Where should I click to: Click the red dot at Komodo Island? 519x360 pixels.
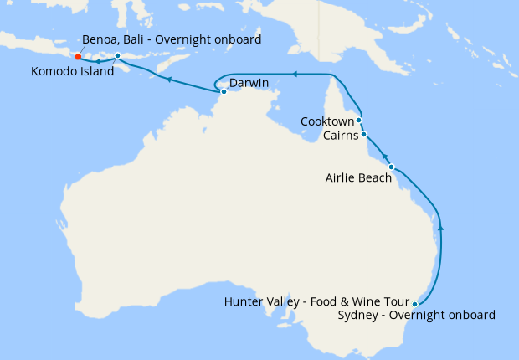78,57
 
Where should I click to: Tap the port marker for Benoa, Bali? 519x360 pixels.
118,56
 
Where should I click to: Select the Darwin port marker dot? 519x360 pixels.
224,91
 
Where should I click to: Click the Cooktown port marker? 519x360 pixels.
359,121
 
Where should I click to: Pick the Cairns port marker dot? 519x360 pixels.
363,135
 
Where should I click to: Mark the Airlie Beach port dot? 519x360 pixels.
391,167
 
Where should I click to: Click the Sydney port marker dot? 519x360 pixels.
415,304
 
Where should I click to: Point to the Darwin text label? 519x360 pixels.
249,84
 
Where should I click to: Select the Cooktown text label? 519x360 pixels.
328,121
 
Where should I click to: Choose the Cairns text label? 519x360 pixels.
340,136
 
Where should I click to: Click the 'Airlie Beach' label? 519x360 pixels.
358,177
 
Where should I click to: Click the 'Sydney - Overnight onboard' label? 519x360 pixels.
416,316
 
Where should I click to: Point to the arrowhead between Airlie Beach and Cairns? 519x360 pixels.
384,157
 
